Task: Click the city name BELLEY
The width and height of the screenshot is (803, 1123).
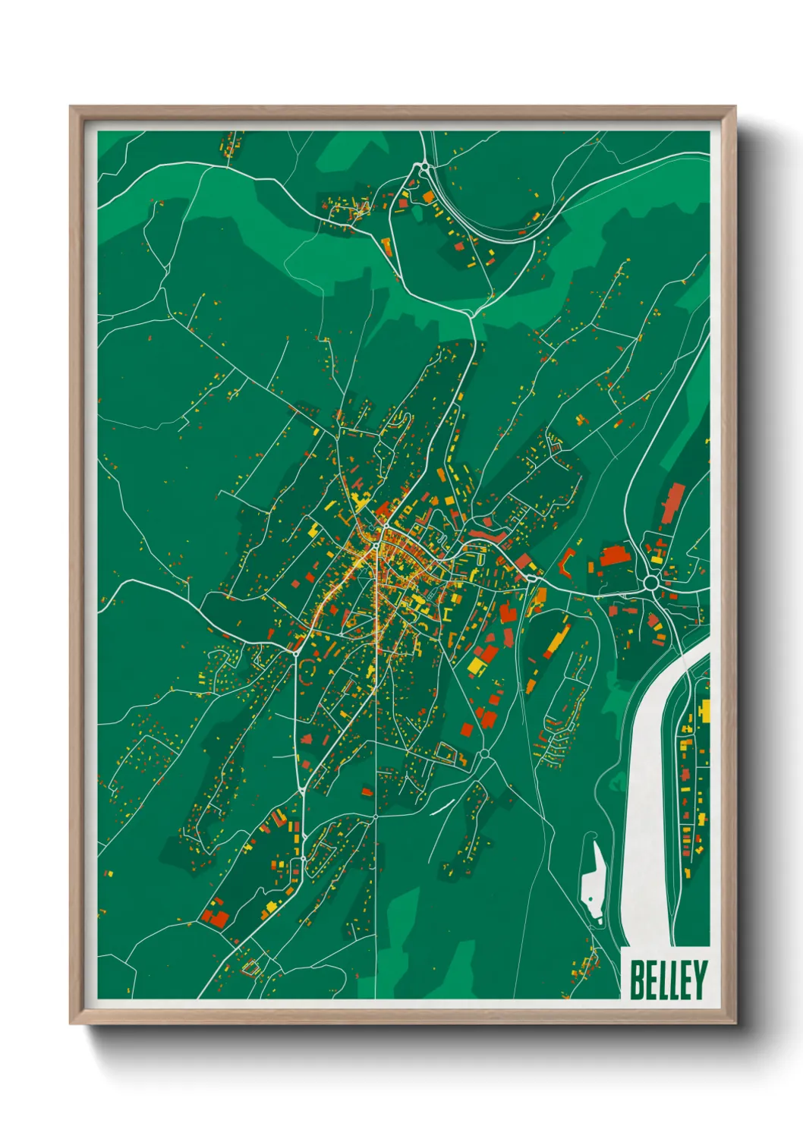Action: pos(668,980)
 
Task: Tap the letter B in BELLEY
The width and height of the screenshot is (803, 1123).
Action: pos(636,980)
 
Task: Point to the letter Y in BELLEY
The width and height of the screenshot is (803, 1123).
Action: pos(699,980)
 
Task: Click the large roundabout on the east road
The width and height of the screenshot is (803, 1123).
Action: pos(650,583)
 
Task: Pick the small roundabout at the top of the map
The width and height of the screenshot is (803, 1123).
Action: pos(423,167)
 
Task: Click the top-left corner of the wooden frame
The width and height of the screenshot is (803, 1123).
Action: pos(71,107)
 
